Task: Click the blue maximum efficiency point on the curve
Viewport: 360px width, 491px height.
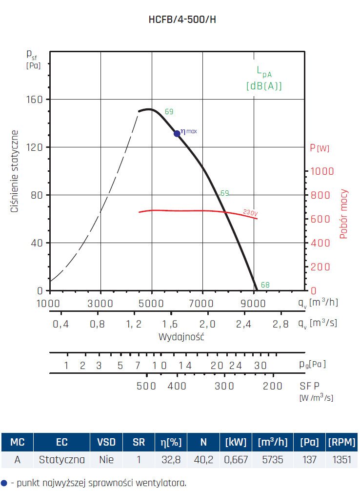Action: tap(177, 133)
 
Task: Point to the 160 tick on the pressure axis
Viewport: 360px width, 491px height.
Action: tap(37, 100)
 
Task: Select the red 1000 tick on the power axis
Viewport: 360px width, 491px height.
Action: tap(322, 171)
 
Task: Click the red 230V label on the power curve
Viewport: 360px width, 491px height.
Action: tap(250, 212)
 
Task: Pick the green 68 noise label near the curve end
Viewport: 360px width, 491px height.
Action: tap(265, 285)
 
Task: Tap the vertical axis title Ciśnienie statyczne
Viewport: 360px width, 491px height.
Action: tap(15, 171)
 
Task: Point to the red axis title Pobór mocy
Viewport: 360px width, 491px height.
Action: tap(344, 214)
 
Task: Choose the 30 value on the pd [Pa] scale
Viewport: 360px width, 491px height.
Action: tap(260, 366)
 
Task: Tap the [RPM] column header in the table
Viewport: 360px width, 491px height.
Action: tap(341, 443)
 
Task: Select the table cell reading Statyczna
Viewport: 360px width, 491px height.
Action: tap(62, 459)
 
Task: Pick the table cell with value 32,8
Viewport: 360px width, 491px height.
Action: tap(171, 459)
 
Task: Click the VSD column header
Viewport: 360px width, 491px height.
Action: tap(106, 443)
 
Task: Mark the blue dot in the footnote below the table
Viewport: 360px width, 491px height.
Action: tap(4, 483)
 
